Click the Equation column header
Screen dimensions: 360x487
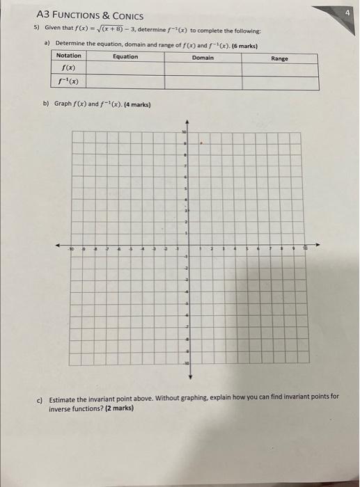(x=125, y=56)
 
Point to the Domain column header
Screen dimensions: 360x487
(x=203, y=58)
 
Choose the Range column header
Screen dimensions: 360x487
(x=279, y=59)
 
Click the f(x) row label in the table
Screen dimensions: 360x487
(x=68, y=69)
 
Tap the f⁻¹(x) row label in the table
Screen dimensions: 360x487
(x=68, y=82)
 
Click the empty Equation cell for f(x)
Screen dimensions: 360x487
(x=125, y=69)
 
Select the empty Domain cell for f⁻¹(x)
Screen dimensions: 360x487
(x=203, y=83)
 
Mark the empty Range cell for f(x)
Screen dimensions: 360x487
(x=279, y=70)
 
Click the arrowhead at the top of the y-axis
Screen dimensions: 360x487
(x=186, y=122)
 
